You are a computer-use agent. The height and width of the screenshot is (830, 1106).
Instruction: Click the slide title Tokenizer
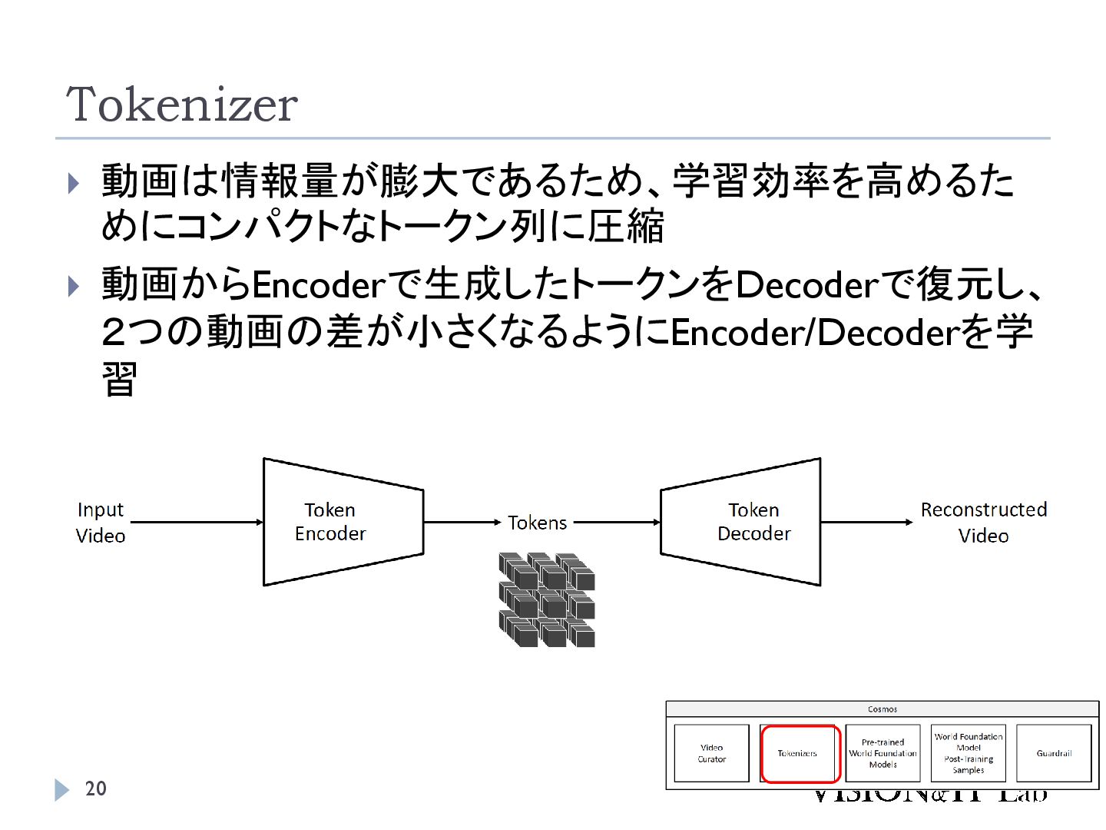point(182,105)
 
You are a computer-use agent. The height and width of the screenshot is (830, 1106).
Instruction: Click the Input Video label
point(101,523)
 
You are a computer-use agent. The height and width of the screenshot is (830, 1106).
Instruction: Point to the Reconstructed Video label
point(983,523)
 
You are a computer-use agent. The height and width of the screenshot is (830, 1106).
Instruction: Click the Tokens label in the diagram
point(537,523)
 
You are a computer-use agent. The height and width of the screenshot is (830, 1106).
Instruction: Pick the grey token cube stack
point(547,599)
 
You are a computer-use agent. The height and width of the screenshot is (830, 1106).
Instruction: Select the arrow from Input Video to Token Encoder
point(196,523)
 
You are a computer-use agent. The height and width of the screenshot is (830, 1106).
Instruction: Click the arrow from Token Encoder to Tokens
point(462,523)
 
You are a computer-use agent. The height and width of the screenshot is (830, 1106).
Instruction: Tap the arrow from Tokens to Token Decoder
point(617,523)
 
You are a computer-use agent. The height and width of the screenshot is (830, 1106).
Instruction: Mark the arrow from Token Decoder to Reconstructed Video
point(866,523)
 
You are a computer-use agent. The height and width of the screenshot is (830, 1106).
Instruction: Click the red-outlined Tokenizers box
point(799,753)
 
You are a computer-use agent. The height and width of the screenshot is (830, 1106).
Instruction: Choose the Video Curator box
point(711,753)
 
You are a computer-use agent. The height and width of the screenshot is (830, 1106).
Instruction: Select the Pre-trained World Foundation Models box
point(882,753)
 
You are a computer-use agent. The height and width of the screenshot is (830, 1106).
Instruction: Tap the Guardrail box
point(1054,753)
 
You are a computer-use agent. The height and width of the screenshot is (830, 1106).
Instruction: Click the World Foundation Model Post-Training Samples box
point(969,753)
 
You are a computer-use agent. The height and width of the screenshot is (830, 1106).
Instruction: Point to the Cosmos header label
point(882,709)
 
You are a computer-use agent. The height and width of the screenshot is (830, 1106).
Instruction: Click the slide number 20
point(96,788)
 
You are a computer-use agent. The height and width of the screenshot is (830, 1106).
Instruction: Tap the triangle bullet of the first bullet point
point(74,183)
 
